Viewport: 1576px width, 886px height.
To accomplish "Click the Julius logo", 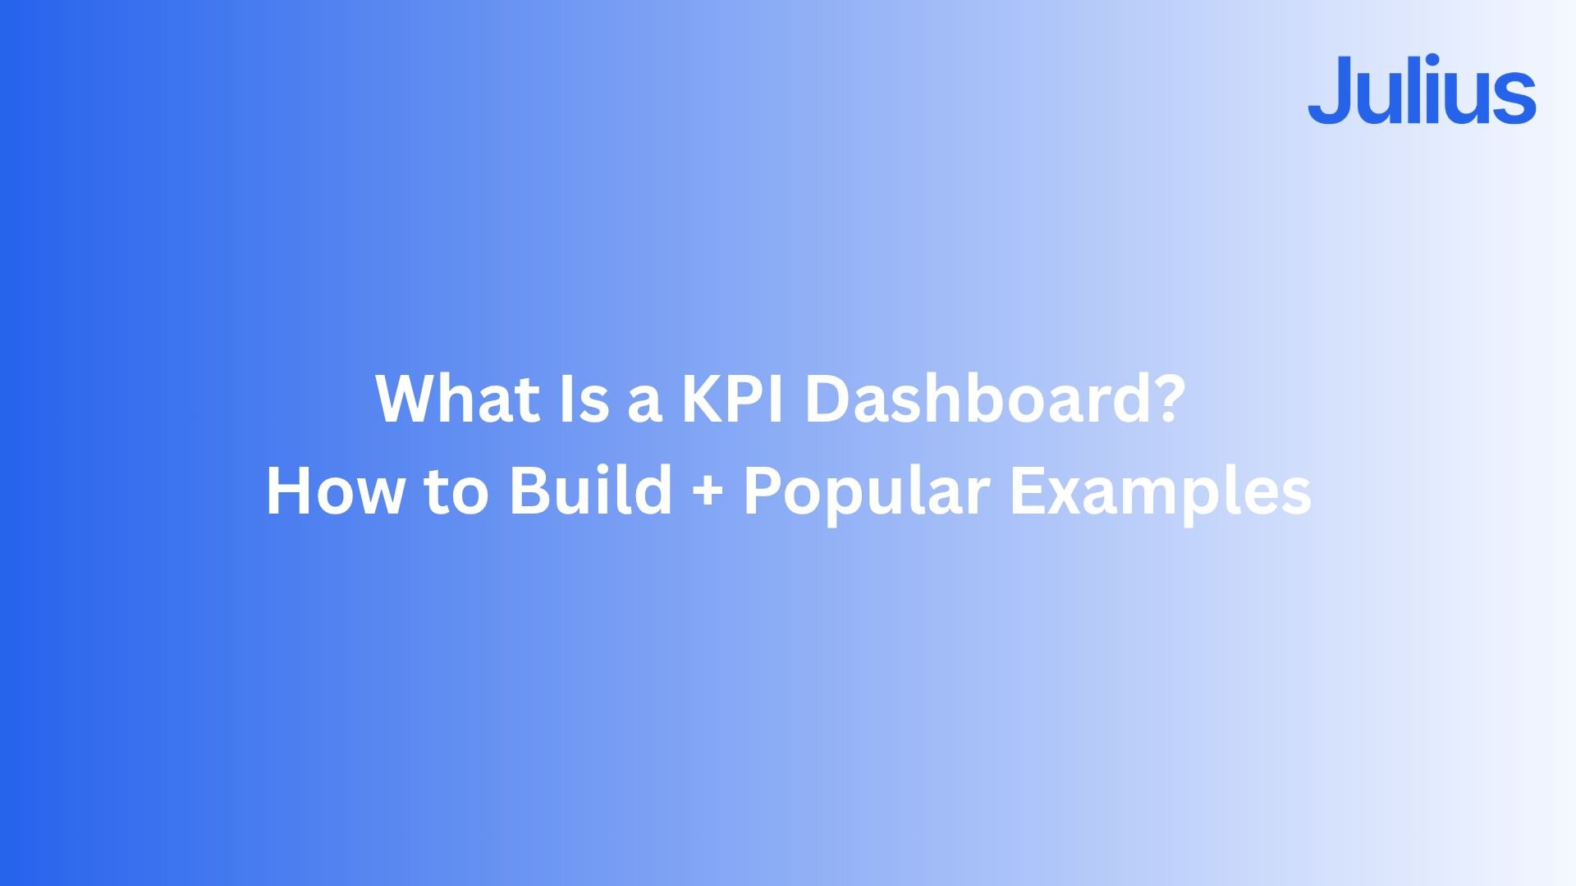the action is pos(1422,89).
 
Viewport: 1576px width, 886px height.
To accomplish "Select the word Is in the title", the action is pos(584,399).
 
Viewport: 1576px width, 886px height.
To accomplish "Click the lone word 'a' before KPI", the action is pos(644,405).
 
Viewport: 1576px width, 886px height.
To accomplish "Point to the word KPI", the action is pos(732,399).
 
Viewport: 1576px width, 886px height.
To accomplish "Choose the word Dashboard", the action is pos(969,399).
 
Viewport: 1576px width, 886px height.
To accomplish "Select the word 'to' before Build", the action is pos(456,494).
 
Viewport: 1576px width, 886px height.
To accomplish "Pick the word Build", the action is pos(591,491).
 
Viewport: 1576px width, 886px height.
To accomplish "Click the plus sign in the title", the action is pos(708,494).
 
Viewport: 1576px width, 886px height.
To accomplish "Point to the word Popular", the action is pos(866,495).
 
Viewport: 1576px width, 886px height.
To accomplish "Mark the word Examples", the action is pos(1161,495).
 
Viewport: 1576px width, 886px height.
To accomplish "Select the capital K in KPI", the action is pos(705,399).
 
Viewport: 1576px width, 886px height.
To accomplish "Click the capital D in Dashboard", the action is pos(827,399).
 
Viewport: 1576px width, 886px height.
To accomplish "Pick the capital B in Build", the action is pos(530,491).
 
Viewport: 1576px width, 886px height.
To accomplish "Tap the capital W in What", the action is pos(410,399).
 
